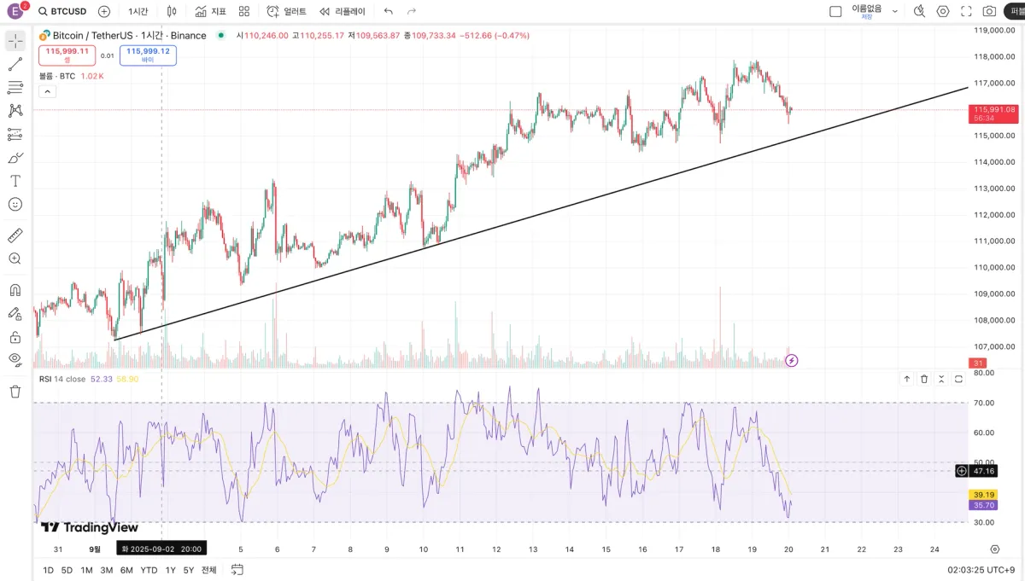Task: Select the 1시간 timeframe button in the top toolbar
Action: click(138, 11)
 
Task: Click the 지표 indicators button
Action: click(210, 11)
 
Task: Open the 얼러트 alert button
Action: click(286, 11)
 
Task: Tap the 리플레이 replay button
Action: click(343, 11)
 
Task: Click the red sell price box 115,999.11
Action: click(67, 54)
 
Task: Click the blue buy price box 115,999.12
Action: click(148, 54)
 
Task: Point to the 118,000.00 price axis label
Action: click(994, 56)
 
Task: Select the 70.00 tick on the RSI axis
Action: click(984, 402)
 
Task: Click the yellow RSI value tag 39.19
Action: click(984, 495)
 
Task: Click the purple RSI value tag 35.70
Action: click(984, 505)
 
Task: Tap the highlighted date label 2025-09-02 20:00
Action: click(162, 549)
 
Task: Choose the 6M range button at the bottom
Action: click(126, 570)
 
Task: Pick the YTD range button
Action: click(149, 570)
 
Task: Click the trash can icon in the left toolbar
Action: click(15, 392)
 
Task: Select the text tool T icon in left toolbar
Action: click(15, 181)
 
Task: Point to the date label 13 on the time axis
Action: click(533, 549)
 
